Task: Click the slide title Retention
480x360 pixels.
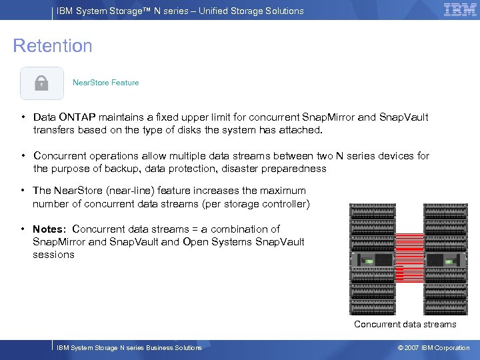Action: (53, 46)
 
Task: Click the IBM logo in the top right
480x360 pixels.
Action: (460, 10)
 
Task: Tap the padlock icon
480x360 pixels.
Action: (41, 83)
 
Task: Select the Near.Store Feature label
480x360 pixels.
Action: (105, 83)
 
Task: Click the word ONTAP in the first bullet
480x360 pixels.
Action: (81, 117)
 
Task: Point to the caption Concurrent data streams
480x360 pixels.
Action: (405, 325)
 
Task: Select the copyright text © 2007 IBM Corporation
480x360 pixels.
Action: (433, 348)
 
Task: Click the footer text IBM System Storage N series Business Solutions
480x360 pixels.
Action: (129, 348)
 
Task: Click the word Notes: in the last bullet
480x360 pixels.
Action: (51, 229)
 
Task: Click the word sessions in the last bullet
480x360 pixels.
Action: (53, 255)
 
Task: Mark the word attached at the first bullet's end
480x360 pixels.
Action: (301, 130)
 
